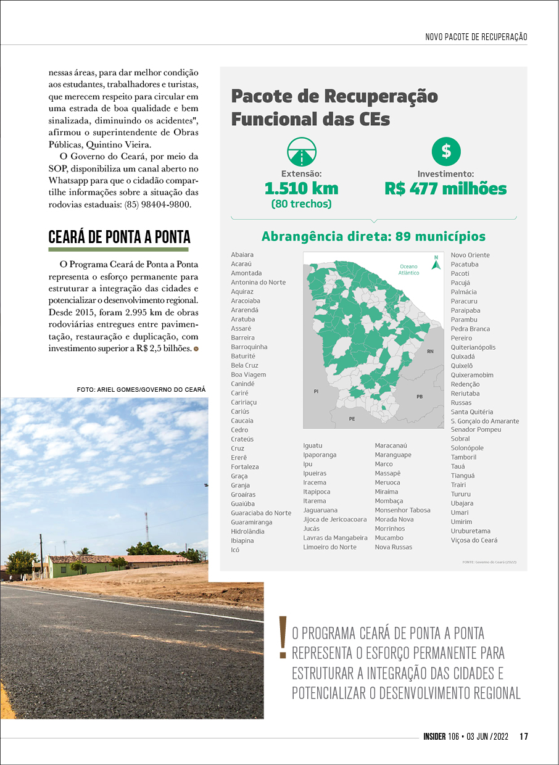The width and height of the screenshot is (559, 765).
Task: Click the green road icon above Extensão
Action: point(302,152)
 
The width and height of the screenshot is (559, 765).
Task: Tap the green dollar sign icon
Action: point(446,152)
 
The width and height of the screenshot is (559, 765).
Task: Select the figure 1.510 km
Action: point(301,188)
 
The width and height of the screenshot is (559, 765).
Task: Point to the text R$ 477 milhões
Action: point(445,188)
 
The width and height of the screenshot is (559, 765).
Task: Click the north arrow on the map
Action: point(436,263)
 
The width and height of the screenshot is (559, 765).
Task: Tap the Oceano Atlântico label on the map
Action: point(408,270)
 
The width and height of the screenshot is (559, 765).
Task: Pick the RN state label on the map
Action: point(430,351)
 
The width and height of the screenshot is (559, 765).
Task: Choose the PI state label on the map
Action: point(316,391)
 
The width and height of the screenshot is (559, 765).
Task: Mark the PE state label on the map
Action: point(352,419)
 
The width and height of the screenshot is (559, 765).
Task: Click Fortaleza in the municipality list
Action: point(245,467)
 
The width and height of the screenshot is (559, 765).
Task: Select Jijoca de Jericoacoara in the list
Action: point(334,519)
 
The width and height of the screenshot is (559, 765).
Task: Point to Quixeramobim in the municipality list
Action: point(472,375)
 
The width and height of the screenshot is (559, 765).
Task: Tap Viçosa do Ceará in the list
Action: point(474,540)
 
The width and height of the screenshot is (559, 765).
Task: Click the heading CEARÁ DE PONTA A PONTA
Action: point(119,238)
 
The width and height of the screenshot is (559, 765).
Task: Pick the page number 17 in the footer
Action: point(524,736)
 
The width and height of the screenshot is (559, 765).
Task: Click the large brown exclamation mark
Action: point(283,637)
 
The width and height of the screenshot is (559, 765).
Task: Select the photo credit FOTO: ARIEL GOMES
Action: point(141,390)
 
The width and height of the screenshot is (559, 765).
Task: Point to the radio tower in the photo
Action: point(146,526)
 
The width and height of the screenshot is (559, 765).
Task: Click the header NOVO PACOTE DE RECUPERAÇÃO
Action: point(476,37)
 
